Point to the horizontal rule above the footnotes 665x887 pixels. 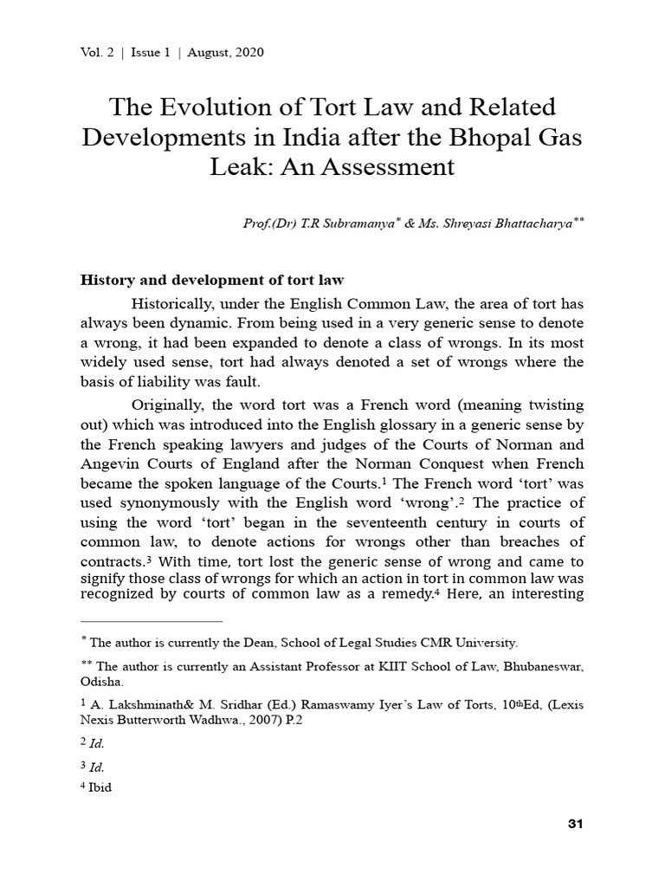[152, 621]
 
